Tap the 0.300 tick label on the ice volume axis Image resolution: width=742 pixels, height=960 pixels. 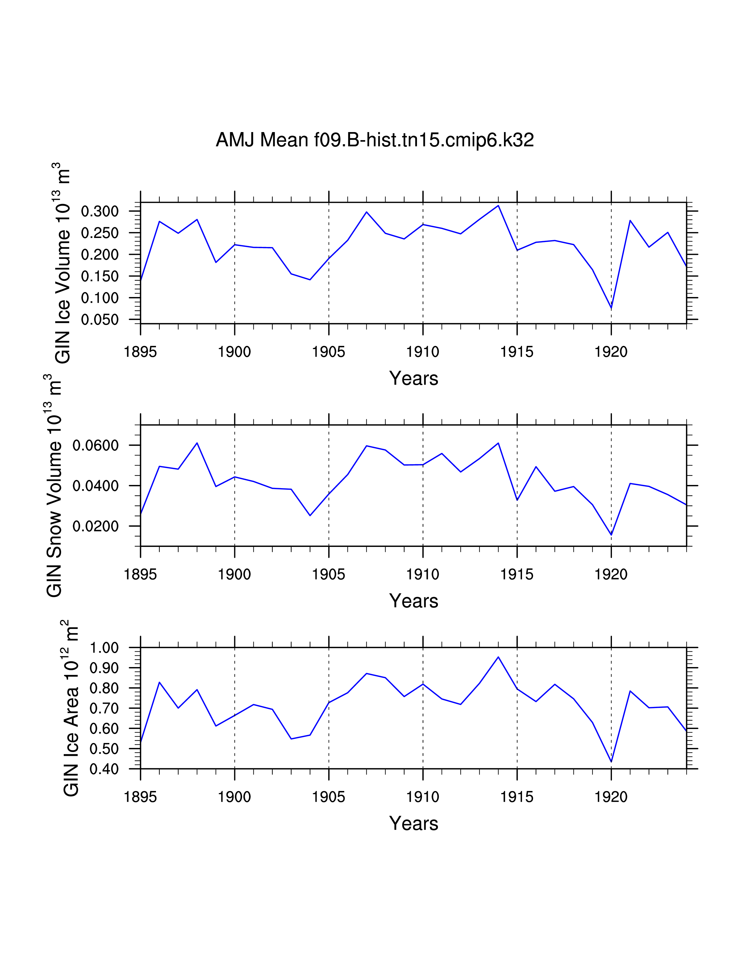(x=100, y=211)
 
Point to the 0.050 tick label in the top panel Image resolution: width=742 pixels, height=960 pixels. (x=100, y=319)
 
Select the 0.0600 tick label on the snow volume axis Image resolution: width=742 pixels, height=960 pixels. (x=95, y=445)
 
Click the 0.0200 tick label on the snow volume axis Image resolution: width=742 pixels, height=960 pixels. (x=95, y=526)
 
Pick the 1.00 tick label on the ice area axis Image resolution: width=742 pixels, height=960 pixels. (x=104, y=648)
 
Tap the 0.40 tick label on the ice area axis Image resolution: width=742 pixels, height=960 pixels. (x=104, y=769)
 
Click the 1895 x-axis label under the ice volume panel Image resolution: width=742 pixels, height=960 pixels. (x=140, y=352)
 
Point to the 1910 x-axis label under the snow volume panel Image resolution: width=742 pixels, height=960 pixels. (x=423, y=574)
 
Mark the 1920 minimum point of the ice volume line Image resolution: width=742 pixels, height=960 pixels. (x=611, y=308)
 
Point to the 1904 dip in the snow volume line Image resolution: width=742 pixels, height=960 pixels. (x=310, y=515)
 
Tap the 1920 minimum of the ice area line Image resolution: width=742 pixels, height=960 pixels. (x=611, y=762)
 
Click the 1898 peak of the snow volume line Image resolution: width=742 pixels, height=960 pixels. (x=197, y=443)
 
